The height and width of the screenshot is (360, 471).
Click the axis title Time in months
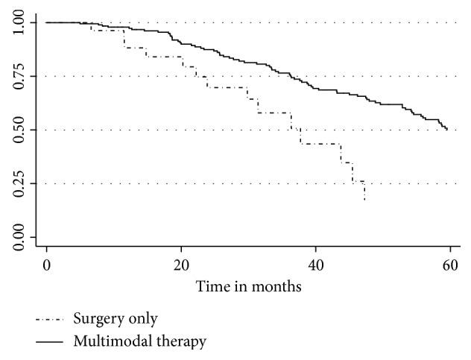coord(248,286)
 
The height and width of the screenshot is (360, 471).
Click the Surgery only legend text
coord(115,320)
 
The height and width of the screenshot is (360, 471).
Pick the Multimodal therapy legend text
coord(139,342)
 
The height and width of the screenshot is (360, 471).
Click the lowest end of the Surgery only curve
coord(364,200)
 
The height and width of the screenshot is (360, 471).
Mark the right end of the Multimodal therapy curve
coord(447,130)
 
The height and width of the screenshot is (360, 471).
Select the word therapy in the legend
coord(181,343)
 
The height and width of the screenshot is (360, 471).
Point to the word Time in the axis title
coord(210,286)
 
